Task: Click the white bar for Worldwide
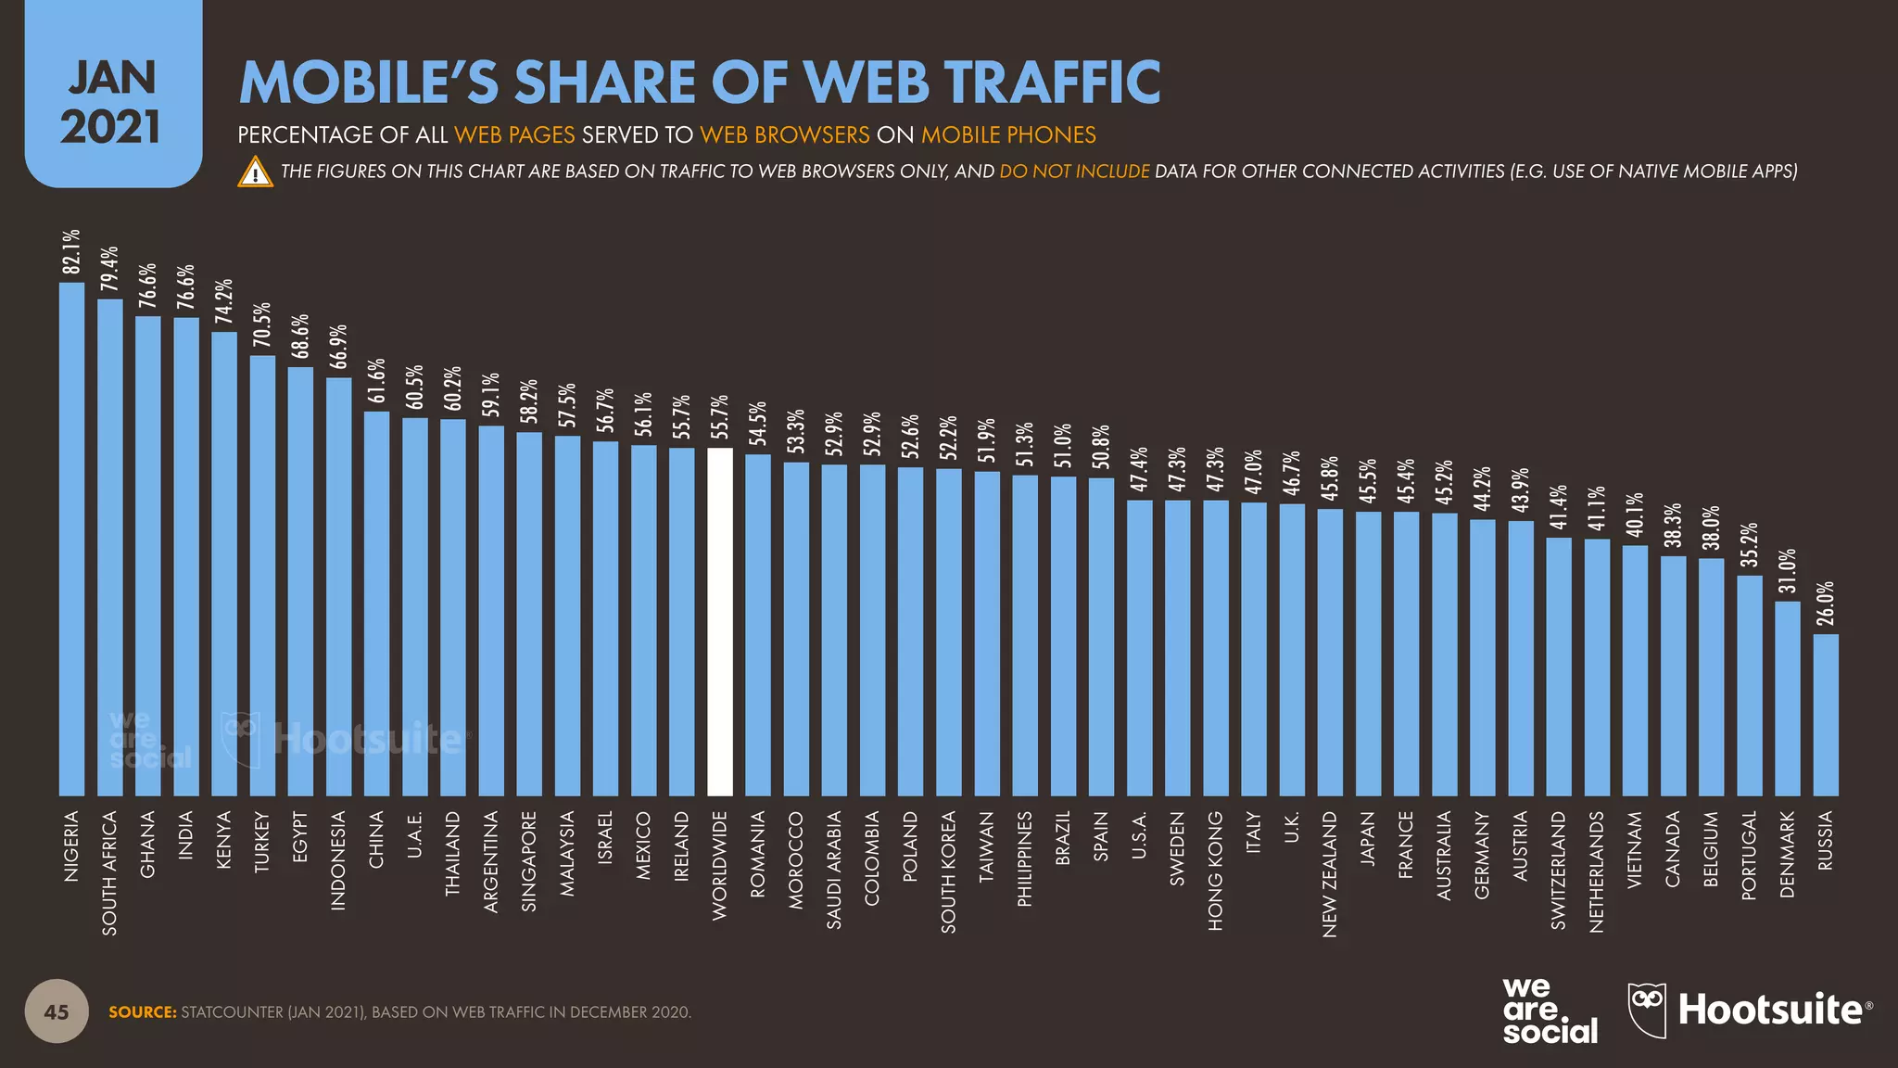tap(720, 621)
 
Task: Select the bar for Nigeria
tap(71, 538)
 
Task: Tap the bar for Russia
tap(1826, 715)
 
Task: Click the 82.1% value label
tap(71, 252)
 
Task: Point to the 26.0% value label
tap(1826, 604)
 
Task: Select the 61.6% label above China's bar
tap(376, 381)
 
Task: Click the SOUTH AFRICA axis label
tap(109, 872)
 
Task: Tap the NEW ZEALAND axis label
tap(1330, 874)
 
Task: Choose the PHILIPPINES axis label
tap(1024, 858)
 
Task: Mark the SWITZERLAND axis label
tap(1559, 870)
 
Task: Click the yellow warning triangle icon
tap(255, 172)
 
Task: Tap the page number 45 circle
tap(57, 1011)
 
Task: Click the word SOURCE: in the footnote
tap(143, 1012)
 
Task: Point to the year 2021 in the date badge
tap(111, 127)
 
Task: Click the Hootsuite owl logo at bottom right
tap(1647, 1009)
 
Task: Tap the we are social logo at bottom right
tap(1550, 1011)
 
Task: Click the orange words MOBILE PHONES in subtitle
tap(1008, 135)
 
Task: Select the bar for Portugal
tap(1750, 685)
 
